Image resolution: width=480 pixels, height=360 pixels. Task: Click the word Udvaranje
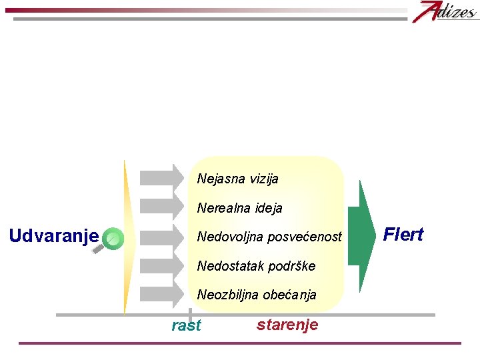pos(53,236)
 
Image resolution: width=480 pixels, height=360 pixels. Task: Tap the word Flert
pos(403,235)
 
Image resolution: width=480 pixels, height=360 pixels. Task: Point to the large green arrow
pos(362,236)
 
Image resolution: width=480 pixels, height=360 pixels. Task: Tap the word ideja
pos(267,208)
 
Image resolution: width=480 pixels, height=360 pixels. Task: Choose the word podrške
pos(291,266)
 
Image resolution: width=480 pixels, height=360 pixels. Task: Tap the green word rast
pos(186,325)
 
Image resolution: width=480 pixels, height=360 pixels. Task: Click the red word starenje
pos(287,325)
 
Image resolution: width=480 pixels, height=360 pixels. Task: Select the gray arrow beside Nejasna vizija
pos(161,178)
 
